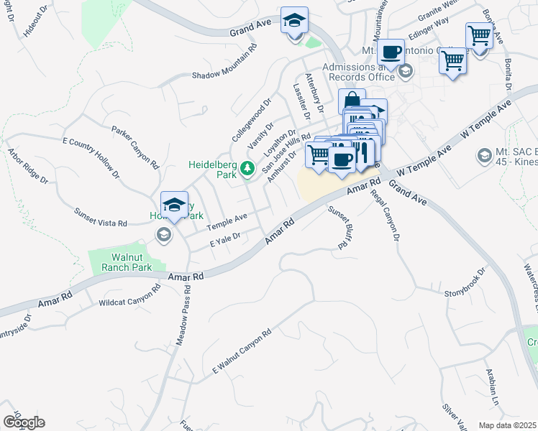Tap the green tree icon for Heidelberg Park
(x=247, y=168)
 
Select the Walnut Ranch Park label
(x=120, y=261)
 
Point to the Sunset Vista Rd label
(x=100, y=218)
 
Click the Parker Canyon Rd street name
(x=134, y=147)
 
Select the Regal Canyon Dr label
(x=386, y=214)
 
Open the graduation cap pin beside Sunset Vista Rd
(x=174, y=205)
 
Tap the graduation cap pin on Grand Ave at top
(x=294, y=22)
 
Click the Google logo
(x=24, y=422)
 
